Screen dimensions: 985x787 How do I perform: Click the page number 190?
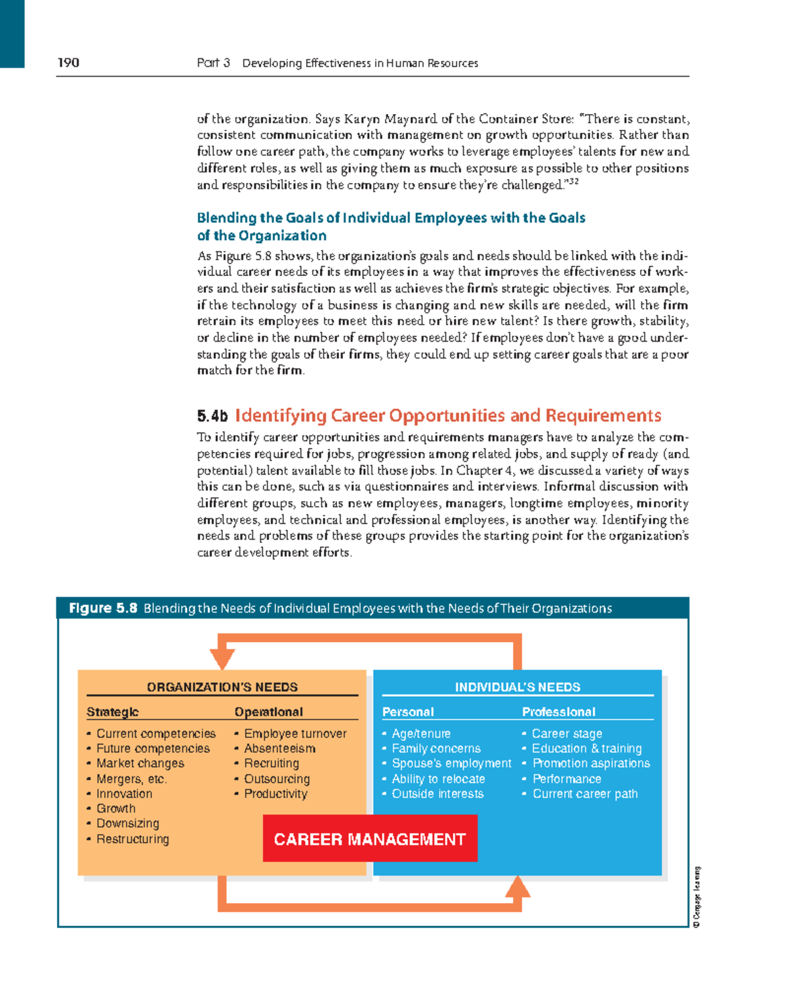68,63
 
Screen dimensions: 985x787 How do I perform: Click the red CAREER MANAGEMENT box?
370,839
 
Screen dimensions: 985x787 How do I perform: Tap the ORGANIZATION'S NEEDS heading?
222,687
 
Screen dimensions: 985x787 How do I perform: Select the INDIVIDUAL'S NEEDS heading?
517,687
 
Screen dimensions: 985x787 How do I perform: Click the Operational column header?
268,712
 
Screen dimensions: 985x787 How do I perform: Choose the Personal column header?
408,712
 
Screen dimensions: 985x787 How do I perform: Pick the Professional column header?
559,712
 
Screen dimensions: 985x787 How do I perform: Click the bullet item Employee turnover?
295,733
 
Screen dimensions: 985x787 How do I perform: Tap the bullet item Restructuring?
132,839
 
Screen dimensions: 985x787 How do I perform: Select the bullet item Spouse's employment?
451,763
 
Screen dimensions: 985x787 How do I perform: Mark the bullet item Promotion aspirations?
591,763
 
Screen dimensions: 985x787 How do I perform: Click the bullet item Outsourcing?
277,778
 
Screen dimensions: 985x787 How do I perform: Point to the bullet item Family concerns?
436,748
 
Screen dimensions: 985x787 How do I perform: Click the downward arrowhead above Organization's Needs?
223,658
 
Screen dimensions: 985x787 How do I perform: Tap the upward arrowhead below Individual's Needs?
517,887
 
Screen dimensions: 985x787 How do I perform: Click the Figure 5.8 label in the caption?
103,608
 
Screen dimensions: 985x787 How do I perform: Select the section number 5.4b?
212,416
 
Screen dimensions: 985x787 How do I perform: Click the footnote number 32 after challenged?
573,182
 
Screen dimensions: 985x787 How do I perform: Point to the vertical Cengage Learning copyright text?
696,897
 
